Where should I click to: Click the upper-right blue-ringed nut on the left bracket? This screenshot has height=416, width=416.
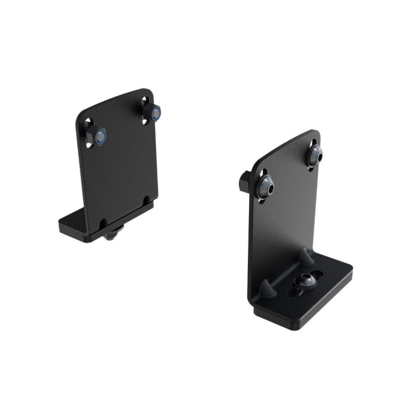(155, 113)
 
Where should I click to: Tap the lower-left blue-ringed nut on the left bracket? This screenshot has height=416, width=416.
(100, 137)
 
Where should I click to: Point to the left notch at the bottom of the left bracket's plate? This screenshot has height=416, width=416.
(104, 223)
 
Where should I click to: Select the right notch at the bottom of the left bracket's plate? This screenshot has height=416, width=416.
(147, 200)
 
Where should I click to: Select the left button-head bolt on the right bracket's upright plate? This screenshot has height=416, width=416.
(266, 187)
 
